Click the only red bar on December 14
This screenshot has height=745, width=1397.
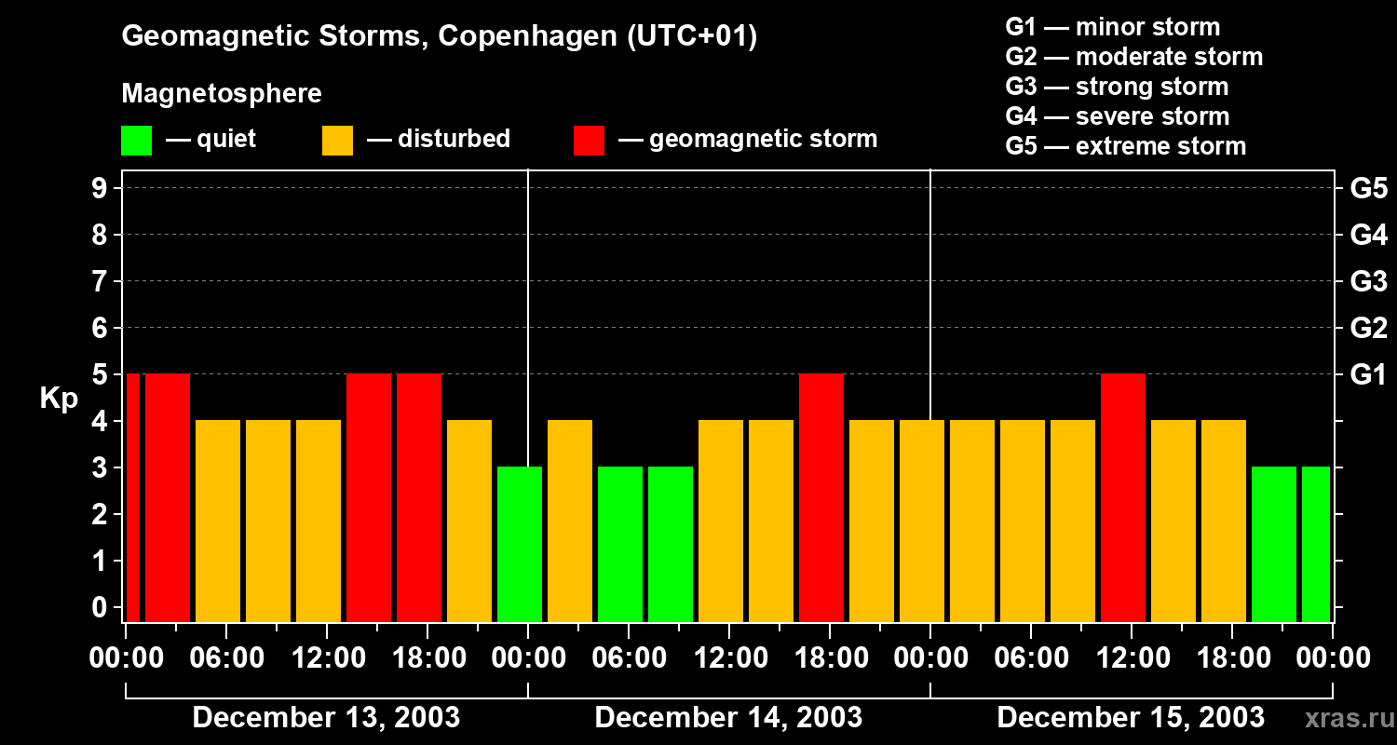click(821, 497)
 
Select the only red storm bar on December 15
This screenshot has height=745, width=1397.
click(1123, 497)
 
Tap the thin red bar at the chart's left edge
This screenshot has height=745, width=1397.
click(132, 497)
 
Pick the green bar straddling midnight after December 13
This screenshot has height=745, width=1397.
click(520, 544)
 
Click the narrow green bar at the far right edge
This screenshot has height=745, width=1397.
click(1315, 544)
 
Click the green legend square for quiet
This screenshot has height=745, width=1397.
click(136, 141)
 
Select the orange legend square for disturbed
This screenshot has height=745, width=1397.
click(337, 141)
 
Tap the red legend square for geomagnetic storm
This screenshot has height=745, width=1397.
click(589, 141)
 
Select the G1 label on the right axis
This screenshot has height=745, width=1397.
click(1368, 375)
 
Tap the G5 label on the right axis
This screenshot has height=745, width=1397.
click(1368, 189)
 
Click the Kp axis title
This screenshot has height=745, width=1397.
click(59, 399)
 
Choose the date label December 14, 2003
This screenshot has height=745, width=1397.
click(728, 717)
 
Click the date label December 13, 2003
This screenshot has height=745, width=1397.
click(326, 717)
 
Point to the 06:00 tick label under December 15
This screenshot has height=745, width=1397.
click(1031, 658)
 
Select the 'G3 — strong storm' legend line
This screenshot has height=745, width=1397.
click(1117, 87)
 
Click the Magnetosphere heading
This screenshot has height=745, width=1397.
click(222, 94)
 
